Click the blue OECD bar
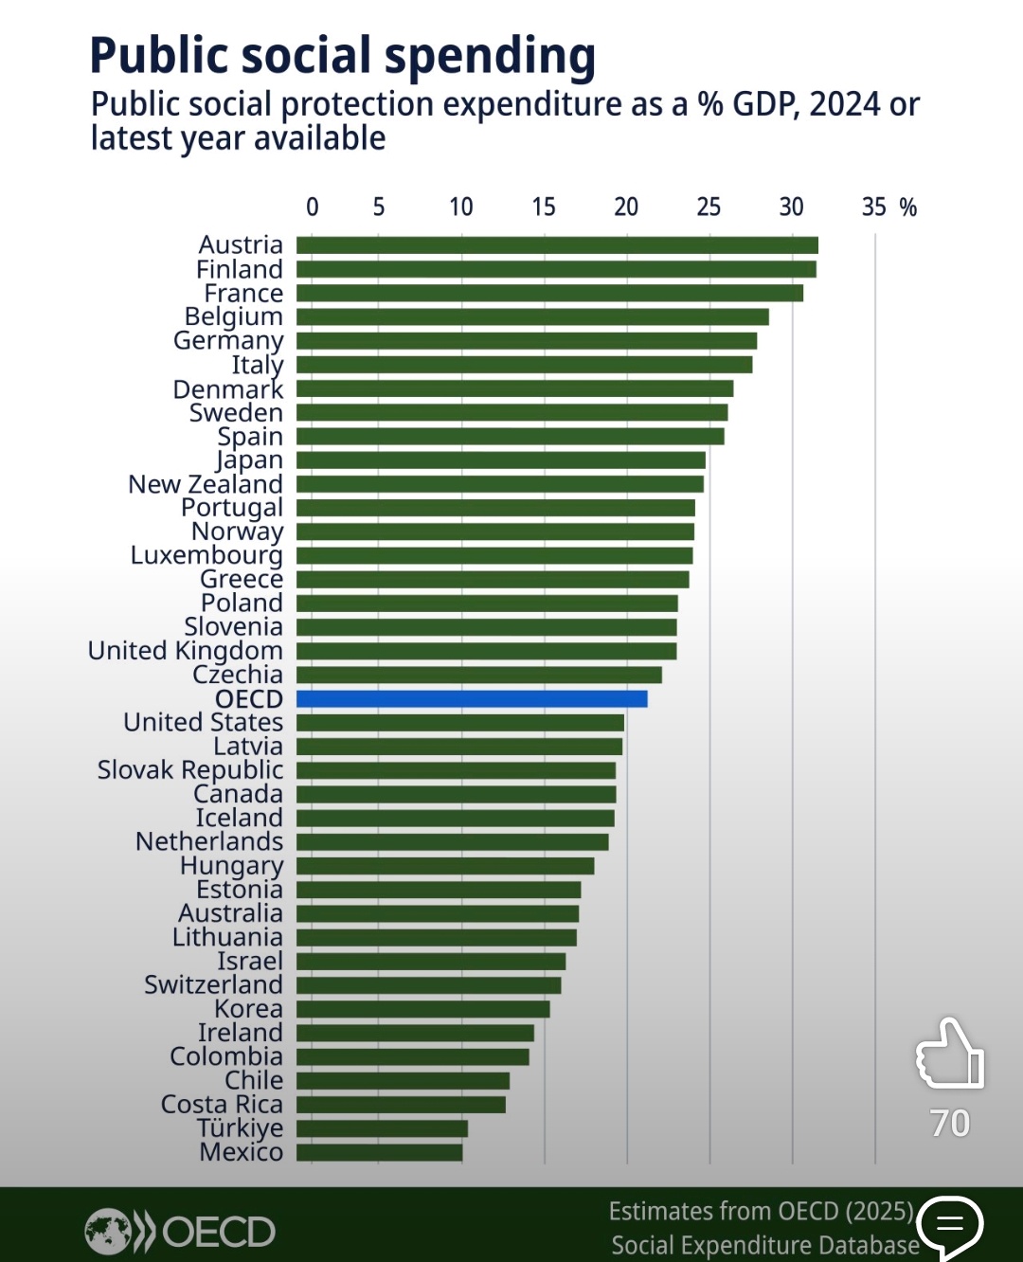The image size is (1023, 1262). (472, 698)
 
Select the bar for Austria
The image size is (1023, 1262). (557, 244)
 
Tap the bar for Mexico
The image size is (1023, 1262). (379, 1152)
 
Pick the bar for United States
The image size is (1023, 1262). (460, 722)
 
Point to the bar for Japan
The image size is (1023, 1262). (500, 460)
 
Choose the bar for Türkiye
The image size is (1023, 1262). (382, 1128)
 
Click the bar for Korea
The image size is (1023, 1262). (423, 1008)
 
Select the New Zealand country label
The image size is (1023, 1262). (206, 484)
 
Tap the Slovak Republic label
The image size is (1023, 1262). (190, 769)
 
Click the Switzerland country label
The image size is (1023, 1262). (214, 984)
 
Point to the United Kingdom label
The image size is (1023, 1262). (186, 651)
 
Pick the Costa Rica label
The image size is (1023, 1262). (223, 1104)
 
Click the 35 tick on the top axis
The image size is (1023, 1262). (873, 207)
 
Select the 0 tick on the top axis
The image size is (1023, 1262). (313, 207)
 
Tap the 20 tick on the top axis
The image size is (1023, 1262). (626, 207)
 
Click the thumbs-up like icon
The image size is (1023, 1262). (949, 1054)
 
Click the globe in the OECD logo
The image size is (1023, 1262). (108, 1231)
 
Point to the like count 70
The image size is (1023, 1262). (950, 1123)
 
